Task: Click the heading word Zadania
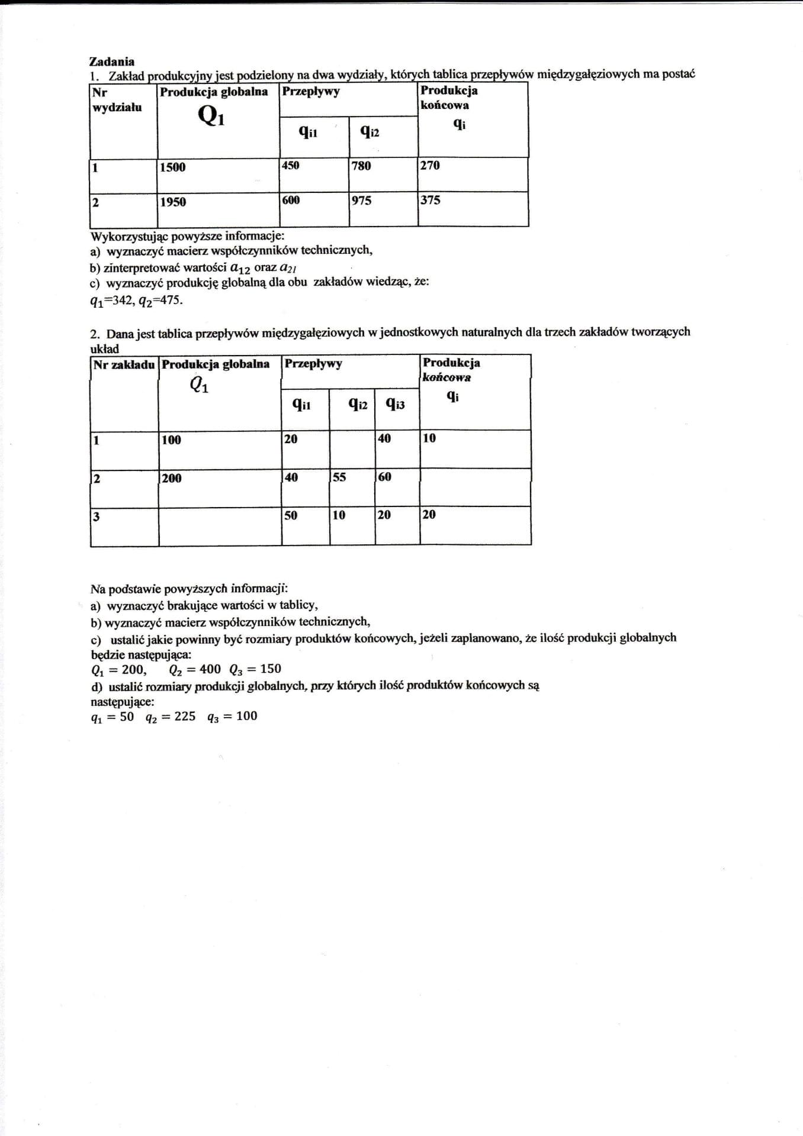[111, 62]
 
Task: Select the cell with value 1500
[172, 167]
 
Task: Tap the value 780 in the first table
[361, 166]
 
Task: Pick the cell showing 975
[361, 201]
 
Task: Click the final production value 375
[431, 200]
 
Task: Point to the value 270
[430, 165]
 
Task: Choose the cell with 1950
[173, 202]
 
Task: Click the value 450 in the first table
[291, 165]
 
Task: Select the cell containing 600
[291, 200]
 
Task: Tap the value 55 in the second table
[339, 477]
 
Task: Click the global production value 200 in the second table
[172, 478]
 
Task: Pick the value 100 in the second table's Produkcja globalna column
[171, 440]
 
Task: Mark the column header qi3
[395, 404]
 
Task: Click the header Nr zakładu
[124, 364]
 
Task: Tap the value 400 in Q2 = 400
[210, 669]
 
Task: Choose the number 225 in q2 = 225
[185, 717]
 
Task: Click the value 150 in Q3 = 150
[271, 669]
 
